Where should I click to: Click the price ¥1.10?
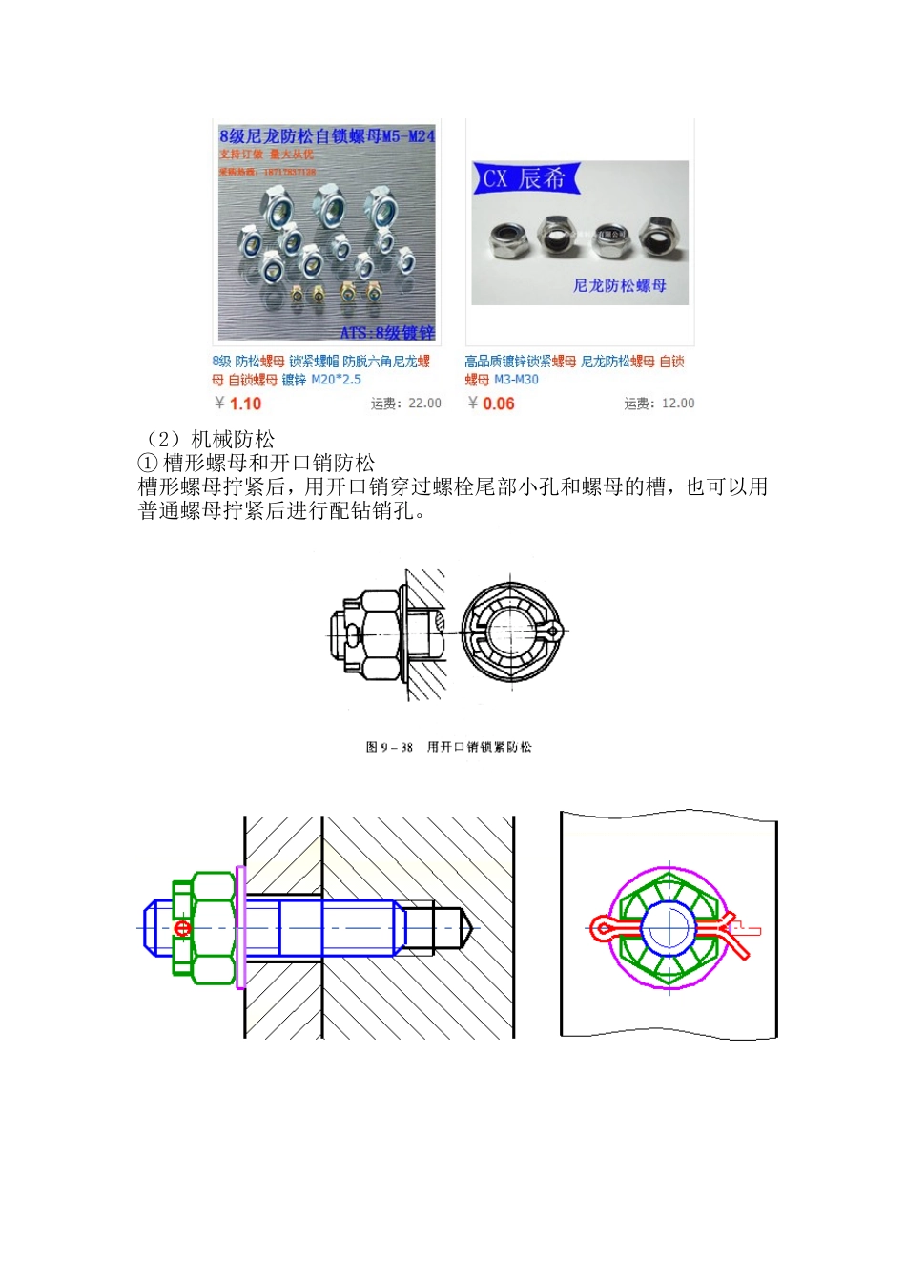click(239, 403)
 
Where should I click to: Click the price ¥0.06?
click(492, 403)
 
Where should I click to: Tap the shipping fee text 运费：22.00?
click(405, 403)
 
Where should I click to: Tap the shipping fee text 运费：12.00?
click(659, 403)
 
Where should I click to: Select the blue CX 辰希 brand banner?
click(525, 178)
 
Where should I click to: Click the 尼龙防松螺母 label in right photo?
click(619, 285)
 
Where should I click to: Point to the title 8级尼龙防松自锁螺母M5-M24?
click(326, 136)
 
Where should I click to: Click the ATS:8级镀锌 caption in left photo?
click(386, 332)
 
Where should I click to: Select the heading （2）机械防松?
click(207, 440)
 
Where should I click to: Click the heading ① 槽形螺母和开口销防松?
click(257, 464)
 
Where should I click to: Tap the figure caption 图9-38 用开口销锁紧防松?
click(449, 747)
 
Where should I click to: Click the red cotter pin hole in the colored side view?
click(182, 927)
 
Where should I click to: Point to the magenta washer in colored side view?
click(241, 927)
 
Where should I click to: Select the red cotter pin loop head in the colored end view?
click(602, 927)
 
